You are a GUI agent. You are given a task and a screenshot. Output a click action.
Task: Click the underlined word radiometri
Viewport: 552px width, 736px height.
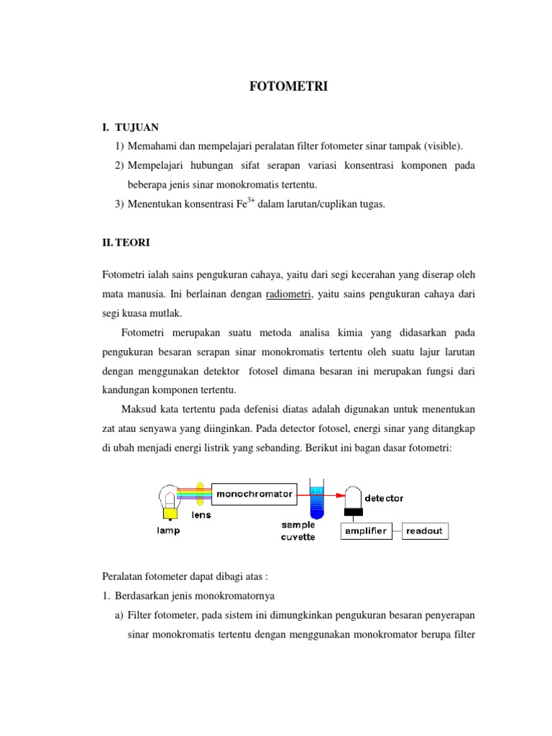[288, 294]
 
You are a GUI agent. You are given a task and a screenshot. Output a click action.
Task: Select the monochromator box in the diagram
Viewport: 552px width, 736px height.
[252, 494]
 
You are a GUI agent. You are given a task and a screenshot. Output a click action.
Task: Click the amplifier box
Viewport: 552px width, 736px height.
[366, 531]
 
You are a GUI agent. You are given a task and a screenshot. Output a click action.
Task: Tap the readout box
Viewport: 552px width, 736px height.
[425, 531]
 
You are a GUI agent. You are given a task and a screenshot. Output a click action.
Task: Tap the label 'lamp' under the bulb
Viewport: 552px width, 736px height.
[169, 530]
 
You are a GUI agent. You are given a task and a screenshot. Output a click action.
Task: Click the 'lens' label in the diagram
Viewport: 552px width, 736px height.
[201, 515]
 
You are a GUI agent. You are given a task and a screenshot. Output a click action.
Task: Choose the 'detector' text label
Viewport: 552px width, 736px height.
[384, 497]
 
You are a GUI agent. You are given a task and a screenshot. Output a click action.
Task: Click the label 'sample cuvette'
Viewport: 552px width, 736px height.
[298, 531]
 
